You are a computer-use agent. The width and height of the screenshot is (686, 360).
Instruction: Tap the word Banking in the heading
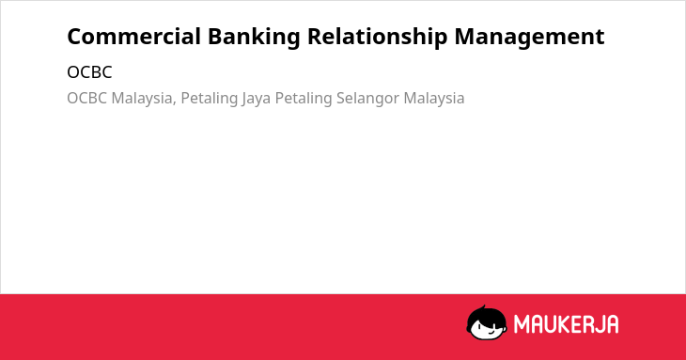coord(254,38)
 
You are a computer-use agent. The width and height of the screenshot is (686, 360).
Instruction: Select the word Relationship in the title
coord(377,38)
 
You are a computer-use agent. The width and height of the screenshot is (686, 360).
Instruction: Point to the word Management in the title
coord(529,38)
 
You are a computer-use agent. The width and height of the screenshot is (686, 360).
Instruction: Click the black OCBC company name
coord(89,72)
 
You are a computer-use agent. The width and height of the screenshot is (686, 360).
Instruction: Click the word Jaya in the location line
coord(256,99)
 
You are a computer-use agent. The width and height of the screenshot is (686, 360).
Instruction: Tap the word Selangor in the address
coord(368,99)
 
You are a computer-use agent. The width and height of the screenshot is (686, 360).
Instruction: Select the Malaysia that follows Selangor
coord(434,99)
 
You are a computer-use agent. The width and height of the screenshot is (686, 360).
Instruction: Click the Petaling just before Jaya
coord(209,99)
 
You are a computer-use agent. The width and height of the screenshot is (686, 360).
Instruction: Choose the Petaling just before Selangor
coord(304,99)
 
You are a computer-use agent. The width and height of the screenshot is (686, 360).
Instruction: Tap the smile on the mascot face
coord(491,332)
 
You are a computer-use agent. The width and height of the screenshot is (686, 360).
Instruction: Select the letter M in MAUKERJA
coord(522,324)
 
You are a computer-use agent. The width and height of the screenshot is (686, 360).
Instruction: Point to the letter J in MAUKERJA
coord(597,324)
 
